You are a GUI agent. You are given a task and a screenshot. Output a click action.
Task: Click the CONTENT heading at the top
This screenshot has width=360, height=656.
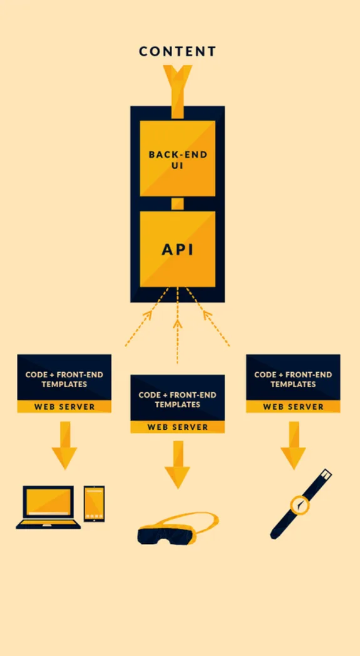click(177, 51)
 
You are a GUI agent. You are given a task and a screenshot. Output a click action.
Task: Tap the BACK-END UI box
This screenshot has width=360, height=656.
click(177, 158)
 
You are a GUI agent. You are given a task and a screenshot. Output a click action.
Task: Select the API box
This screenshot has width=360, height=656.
click(177, 249)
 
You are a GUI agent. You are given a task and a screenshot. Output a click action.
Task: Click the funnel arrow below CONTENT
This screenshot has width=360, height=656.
click(177, 88)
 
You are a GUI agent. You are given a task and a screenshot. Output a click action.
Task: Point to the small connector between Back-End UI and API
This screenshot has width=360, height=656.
click(177, 204)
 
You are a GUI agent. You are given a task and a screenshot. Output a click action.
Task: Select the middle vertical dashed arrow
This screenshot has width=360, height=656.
click(177, 326)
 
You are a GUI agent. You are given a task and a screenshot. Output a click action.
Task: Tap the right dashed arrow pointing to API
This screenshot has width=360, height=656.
click(209, 318)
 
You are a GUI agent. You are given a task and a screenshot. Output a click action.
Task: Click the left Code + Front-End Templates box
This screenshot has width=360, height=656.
click(64, 378)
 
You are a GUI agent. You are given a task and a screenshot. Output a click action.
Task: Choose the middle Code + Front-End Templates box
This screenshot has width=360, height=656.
click(177, 399)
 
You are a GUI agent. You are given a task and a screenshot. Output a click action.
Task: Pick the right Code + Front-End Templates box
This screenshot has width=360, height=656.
click(292, 378)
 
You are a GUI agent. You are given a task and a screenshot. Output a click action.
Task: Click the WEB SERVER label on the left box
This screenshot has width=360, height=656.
click(64, 407)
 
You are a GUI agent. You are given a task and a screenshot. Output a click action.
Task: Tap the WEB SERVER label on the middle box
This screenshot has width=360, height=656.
click(177, 427)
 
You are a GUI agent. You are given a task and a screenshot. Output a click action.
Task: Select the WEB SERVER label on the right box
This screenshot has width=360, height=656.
click(292, 407)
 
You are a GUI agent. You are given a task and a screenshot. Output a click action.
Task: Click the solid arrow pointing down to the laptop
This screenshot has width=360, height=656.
click(64, 445)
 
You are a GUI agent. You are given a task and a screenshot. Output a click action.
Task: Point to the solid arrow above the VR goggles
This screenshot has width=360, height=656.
click(177, 464)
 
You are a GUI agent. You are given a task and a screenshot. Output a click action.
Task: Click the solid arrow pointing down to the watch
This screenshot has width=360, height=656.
click(292, 445)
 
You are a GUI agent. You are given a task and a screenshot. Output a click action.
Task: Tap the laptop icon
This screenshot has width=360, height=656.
click(48, 506)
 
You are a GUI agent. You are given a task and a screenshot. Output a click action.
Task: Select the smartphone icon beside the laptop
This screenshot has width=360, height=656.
click(94, 503)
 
